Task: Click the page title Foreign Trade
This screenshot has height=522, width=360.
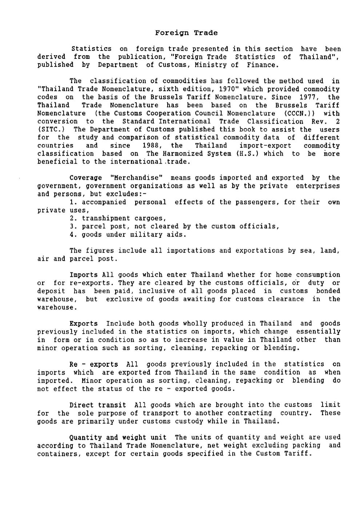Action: point(186,33)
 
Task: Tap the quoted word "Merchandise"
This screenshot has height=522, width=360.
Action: point(136,178)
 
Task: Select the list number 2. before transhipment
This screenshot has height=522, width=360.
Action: point(73,218)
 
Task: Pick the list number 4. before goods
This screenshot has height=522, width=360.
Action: point(73,234)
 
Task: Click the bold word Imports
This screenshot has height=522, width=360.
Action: point(84,275)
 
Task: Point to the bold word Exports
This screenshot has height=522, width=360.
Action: point(84,324)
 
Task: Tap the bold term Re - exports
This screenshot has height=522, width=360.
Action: point(93,364)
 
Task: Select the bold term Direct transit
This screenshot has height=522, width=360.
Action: point(98,405)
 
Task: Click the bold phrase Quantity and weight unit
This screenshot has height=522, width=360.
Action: point(118,437)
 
